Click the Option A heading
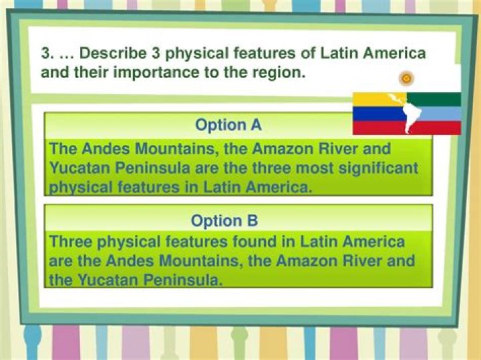point(228,124)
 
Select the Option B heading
point(224,220)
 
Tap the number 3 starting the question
point(45,53)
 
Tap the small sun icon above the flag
point(405,79)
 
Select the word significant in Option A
point(376,168)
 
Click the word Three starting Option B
point(74,241)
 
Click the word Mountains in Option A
point(180,148)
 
